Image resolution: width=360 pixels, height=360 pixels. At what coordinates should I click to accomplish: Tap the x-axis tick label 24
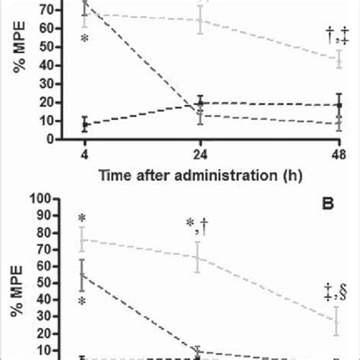point(201,154)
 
